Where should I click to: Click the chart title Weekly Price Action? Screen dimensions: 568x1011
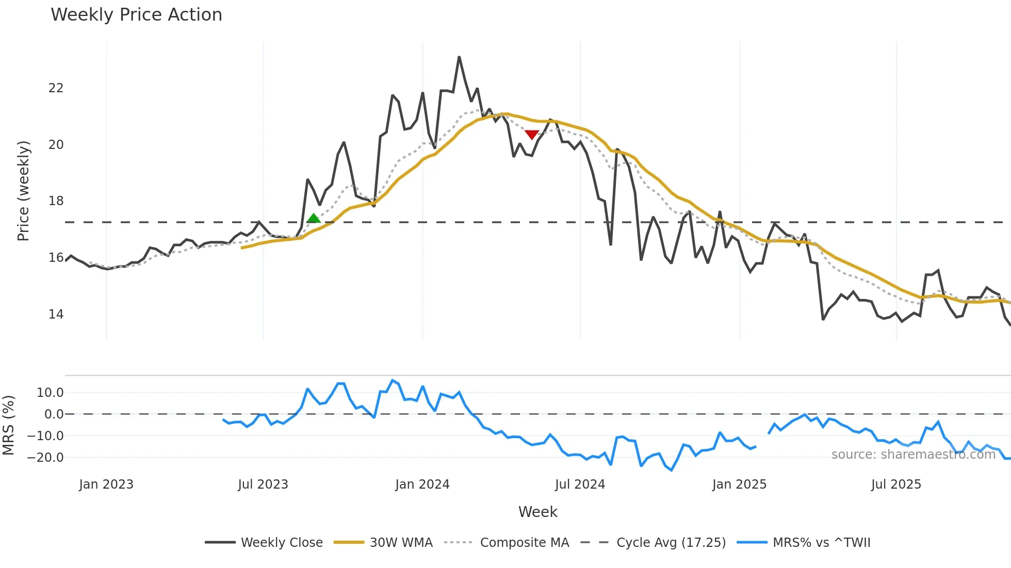click(x=136, y=15)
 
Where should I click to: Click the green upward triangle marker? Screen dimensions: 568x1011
click(x=313, y=219)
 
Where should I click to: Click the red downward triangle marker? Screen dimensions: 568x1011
click(x=532, y=135)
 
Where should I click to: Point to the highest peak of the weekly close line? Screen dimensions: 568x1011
click(x=459, y=57)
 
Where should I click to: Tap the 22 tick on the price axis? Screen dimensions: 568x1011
click(x=56, y=88)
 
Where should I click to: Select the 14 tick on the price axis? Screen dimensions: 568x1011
click(x=56, y=314)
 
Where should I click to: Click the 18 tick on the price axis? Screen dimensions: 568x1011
click(x=56, y=201)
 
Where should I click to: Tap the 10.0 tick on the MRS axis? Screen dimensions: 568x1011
click(x=50, y=393)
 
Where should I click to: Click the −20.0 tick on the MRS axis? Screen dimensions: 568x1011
click(x=45, y=457)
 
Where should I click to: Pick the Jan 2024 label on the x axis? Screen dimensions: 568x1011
click(x=422, y=485)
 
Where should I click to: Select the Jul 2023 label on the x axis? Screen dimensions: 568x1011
click(x=263, y=485)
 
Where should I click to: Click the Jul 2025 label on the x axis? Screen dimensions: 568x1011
click(x=896, y=485)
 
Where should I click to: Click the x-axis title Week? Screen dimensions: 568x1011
click(x=537, y=512)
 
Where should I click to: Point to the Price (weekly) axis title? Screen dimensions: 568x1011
click(x=24, y=191)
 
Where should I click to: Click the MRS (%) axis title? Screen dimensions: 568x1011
click(x=8, y=425)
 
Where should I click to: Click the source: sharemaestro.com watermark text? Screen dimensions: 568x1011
click(x=913, y=455)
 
